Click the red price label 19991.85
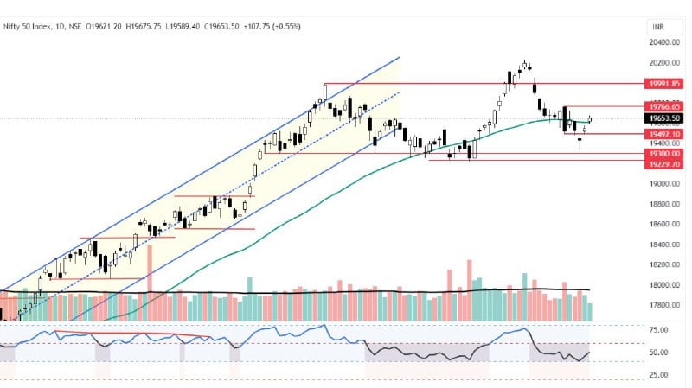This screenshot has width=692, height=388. tap(665, 84)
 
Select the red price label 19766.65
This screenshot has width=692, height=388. tap(665, 106)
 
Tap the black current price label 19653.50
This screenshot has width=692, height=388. tap(665, 118)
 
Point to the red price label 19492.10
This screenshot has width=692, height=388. tap(665, 134)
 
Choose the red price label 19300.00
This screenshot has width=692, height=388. tap(665, 154)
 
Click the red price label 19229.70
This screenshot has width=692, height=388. tap(665, 163)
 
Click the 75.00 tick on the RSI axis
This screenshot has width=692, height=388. tap(657, 330)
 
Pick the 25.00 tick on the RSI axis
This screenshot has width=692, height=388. tap(657, 375)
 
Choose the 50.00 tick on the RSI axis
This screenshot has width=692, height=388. tap(657, 353)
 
